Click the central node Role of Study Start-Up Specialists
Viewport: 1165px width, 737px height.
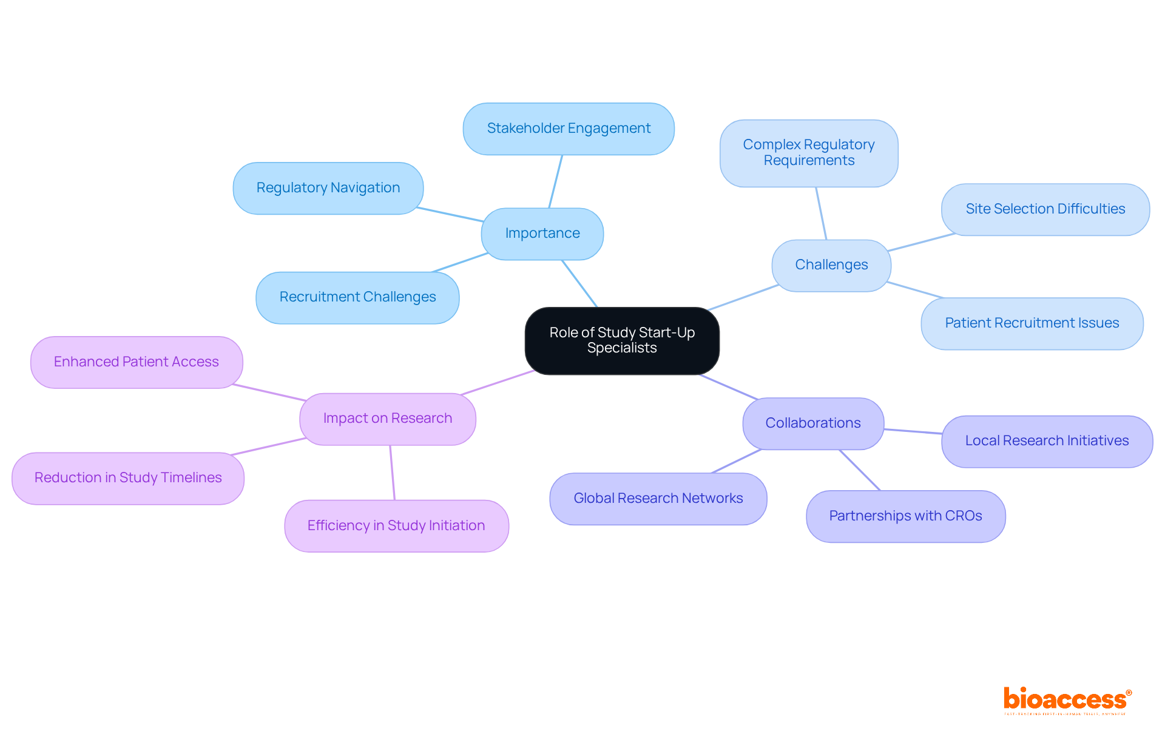pos(622,340)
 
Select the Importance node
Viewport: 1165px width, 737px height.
pos(542,234)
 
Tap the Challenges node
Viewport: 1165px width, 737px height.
pos(831,265)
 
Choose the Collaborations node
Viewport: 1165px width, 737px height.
pos(812,423)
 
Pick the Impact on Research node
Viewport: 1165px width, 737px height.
pos(387,419)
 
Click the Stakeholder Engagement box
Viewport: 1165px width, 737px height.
pos(569,129)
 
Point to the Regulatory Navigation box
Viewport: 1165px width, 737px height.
pos(328,188)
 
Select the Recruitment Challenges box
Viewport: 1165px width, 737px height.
pos(357,297)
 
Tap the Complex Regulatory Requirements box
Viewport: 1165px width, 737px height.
pos(808,153)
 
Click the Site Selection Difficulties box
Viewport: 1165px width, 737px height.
pos(1045,209)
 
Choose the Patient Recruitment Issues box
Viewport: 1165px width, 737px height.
pos(1032,323)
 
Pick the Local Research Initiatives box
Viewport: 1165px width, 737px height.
pos(1047,441)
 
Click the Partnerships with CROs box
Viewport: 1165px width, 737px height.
pos(905,516)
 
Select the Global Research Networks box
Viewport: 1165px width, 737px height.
pos(658,499)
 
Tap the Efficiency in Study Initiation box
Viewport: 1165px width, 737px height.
pos(396,526)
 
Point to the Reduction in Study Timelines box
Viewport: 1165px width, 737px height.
pos(128,478)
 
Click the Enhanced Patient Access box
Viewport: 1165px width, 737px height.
pos(137,362)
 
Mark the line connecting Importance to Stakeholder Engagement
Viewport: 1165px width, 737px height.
pos(555,181)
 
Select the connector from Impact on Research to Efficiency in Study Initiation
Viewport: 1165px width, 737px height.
pos(393,473)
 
